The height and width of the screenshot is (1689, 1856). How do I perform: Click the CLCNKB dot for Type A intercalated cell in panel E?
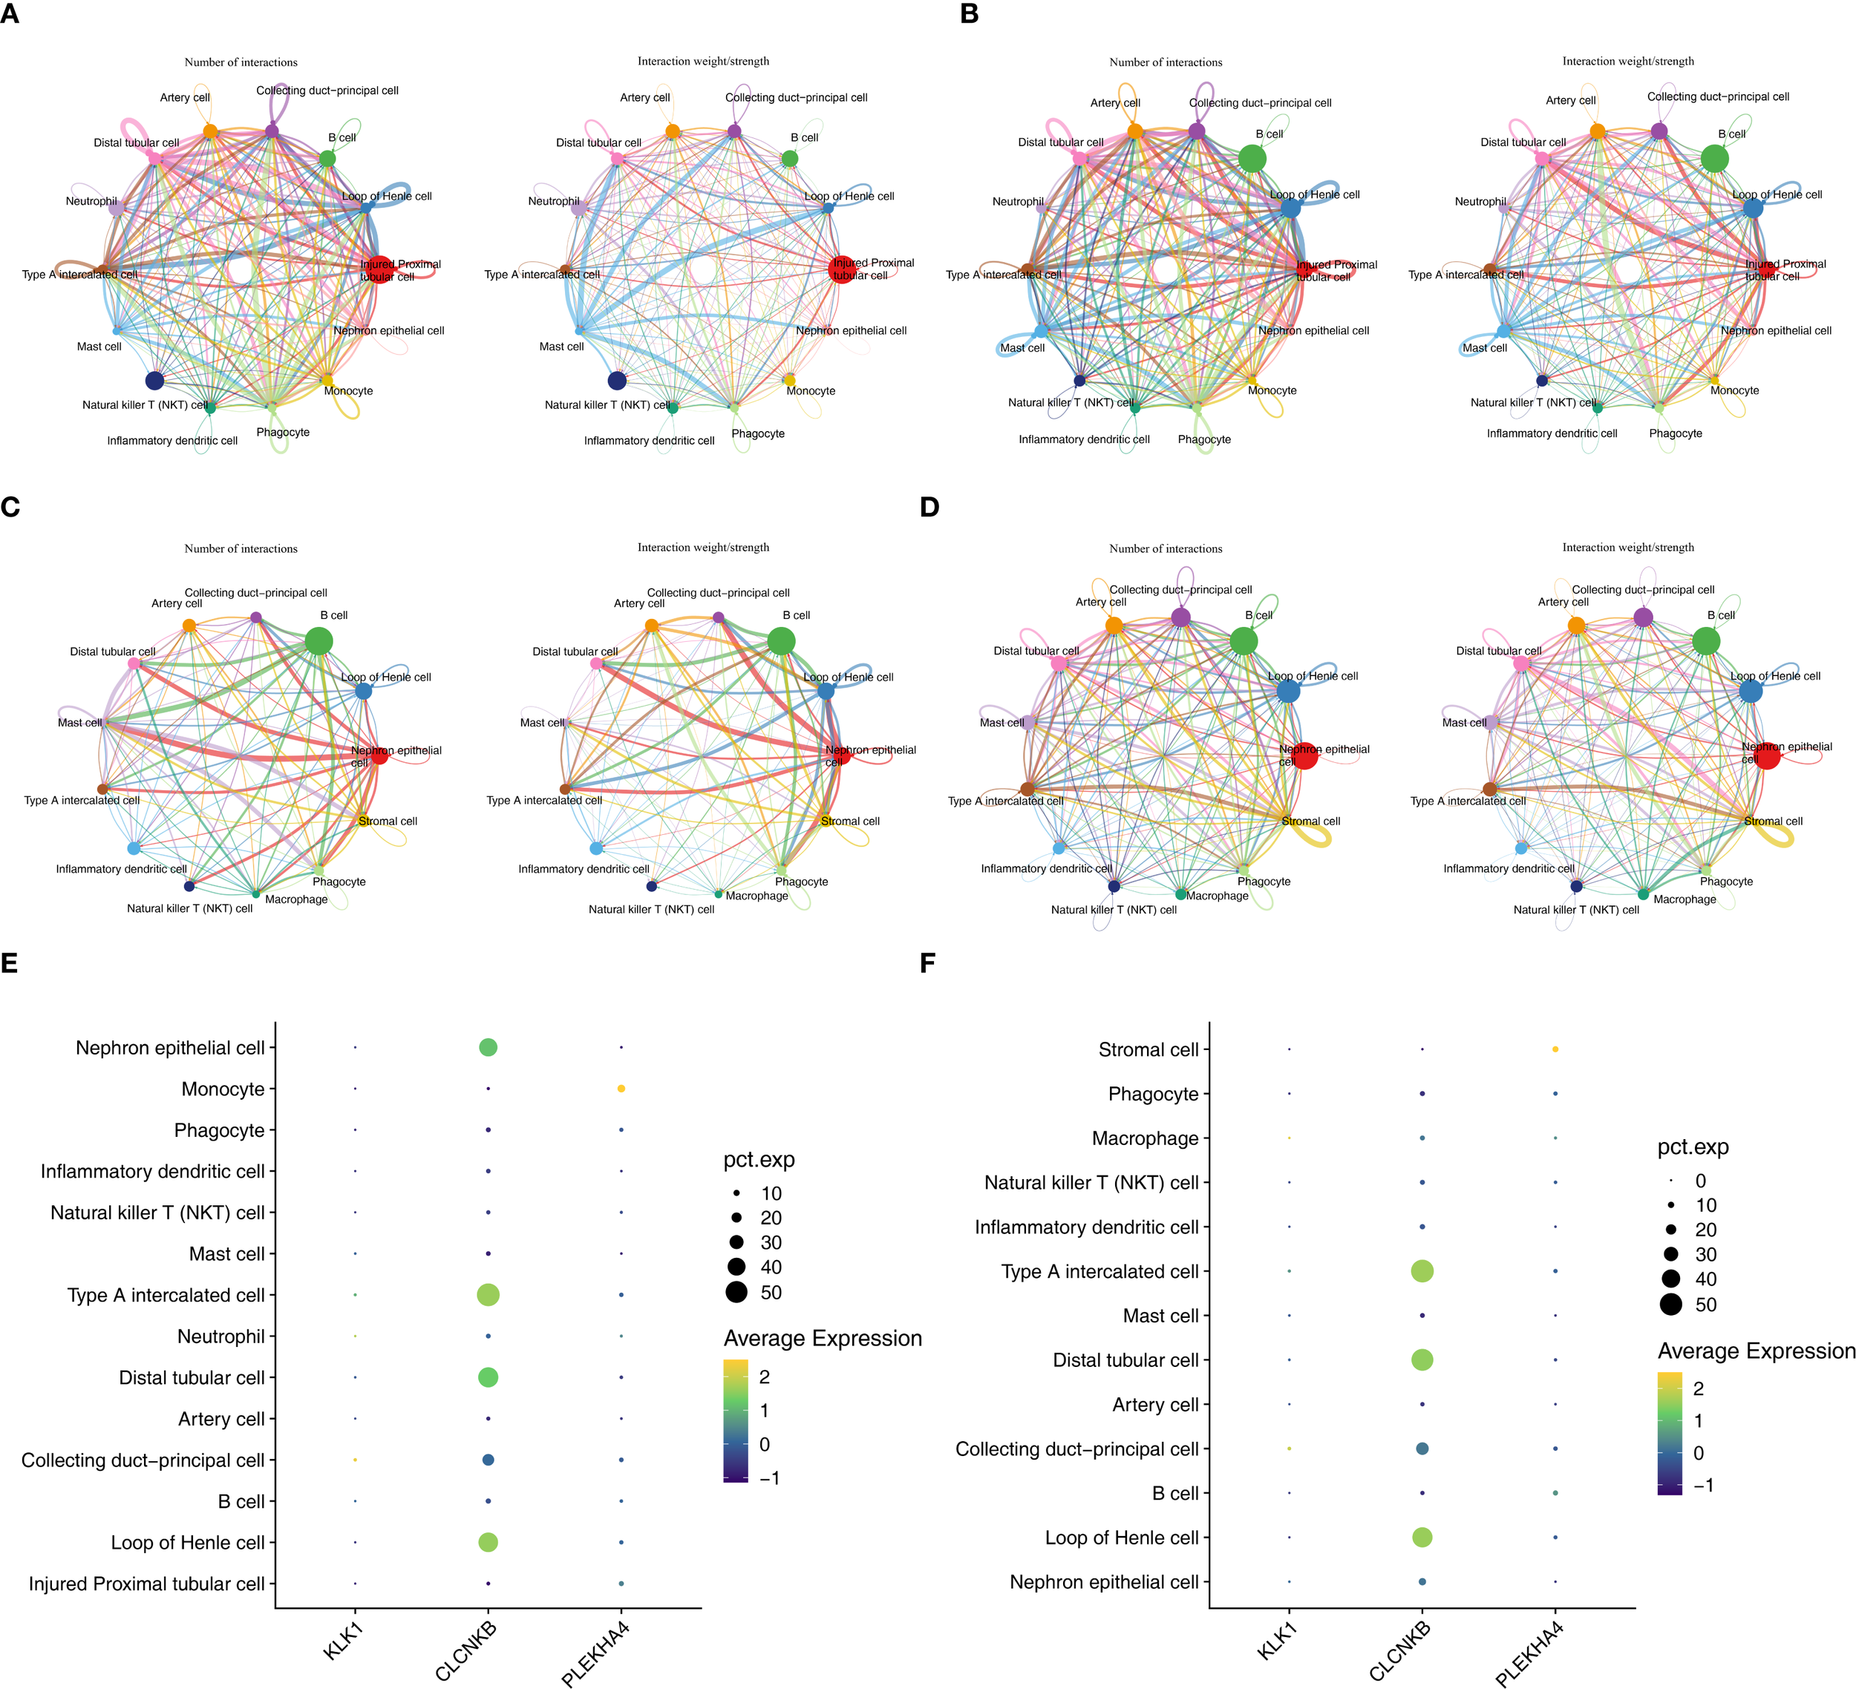[488, 1295]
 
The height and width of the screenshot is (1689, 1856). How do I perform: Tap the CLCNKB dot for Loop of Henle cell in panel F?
[1422, 1537]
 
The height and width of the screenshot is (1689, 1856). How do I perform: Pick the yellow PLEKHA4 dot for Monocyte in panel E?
[621, 1089]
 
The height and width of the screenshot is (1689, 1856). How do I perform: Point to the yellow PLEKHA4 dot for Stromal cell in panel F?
[1555, 1049]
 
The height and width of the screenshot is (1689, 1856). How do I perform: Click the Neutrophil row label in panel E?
[221, 1337]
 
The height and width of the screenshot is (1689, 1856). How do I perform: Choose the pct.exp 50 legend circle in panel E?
[736, 1292]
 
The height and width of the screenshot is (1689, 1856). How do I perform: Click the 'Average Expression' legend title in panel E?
[822, 1338]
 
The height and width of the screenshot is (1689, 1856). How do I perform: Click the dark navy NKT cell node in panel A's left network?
[154, 381]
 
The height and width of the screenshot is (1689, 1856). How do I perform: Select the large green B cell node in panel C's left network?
[318, 642]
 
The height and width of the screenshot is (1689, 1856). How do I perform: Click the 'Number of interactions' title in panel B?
[1166, 62]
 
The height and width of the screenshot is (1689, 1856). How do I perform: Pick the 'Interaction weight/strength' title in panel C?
[703, 548]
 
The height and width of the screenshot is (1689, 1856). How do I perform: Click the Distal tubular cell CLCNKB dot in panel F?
[1422, 1360]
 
